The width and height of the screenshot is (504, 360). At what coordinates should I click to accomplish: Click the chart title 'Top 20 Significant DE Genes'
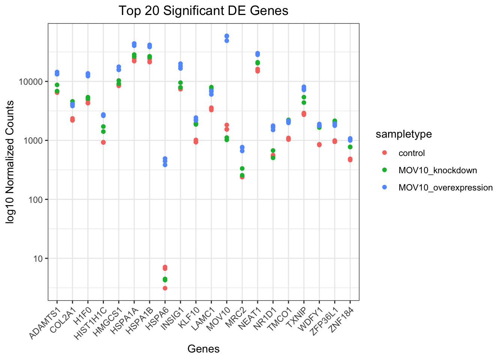click(203, 10)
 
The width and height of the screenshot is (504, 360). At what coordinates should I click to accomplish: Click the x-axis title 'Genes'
click(203, 349)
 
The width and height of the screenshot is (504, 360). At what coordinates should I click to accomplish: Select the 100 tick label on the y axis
click(37, 199)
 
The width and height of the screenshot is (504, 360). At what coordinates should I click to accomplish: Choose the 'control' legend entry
click(411, 153)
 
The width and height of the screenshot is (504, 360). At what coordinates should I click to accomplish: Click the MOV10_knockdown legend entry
click(437, 170)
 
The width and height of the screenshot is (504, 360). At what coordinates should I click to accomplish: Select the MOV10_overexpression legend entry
click(445, 187)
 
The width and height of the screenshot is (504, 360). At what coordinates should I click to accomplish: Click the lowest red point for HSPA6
click(165, 288)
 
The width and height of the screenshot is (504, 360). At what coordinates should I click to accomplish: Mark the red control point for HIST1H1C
click(103, 142)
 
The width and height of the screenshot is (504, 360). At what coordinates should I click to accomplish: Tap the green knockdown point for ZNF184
click(350, 147)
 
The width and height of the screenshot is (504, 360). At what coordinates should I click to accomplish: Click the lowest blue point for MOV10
click(227, 40)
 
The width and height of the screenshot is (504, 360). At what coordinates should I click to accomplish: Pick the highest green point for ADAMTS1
click(57, 85)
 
